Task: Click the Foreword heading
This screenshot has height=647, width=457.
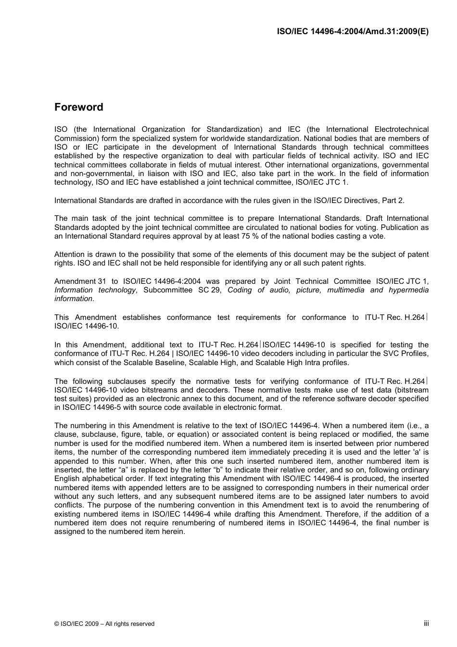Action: tap(78, 107)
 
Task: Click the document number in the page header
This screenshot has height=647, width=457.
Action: tap(353, 31)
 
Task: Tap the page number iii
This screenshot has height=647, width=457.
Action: tap(426, 623)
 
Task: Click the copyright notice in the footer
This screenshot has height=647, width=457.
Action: tap(104, 624)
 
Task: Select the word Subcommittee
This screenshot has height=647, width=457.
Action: tap(168, 290)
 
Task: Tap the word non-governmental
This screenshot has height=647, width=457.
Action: tap(103, 174)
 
